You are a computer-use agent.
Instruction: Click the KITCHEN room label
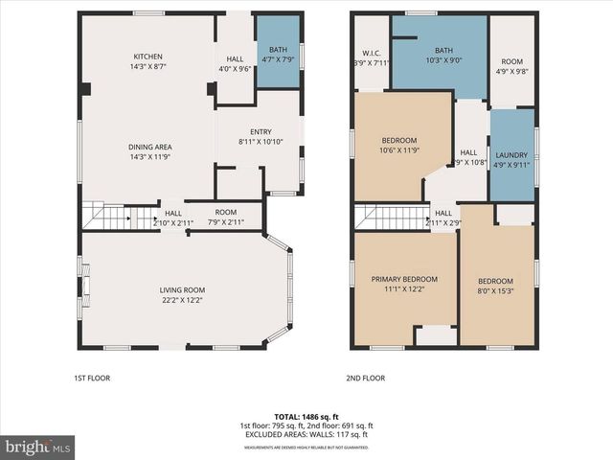point(147,56)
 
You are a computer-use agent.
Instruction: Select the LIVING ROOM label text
point(182,290)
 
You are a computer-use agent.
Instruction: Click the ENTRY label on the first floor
point(261,133)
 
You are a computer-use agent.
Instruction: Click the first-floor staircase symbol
point(105,218)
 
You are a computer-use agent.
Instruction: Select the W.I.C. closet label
point(373,53)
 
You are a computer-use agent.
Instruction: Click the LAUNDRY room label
point(511,155)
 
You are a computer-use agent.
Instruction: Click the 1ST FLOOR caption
point(92,378)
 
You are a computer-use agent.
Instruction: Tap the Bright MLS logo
point(37,447)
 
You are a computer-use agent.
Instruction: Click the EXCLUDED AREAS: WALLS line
point(306,434)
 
